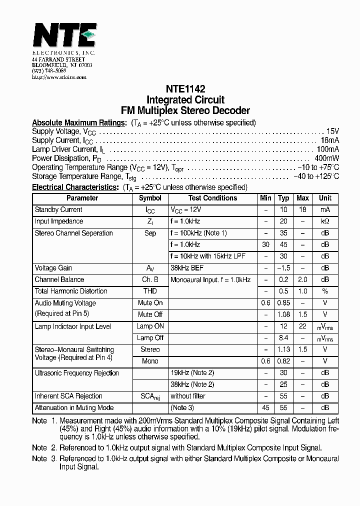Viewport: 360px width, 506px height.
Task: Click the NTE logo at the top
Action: point(64,35)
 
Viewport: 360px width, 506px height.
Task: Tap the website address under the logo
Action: point(59,77)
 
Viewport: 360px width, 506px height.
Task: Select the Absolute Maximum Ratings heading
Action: point(79,122)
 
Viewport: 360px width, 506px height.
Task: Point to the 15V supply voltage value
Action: point(332,131)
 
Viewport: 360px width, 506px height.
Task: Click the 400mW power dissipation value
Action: point(327,158)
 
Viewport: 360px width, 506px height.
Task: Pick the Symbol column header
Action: point(150,198)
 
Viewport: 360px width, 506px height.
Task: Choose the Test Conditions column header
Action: point(213,198)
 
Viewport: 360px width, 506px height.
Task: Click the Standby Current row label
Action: point(58,209)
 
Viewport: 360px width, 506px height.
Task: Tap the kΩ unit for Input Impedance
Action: point(325,221)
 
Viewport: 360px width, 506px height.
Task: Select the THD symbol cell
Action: point(150,291)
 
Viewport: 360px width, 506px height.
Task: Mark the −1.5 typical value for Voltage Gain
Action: point(283,268)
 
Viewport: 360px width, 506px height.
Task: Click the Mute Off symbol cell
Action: point(150,314)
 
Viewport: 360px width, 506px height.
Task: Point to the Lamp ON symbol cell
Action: point(150,326)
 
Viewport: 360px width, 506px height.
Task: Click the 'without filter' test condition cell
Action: point(188,396)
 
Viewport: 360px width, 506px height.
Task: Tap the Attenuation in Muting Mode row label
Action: point(74,407)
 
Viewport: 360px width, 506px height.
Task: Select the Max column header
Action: point(302,198)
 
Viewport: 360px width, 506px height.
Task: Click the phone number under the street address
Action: point(49,71)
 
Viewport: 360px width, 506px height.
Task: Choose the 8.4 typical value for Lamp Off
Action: point(283,338)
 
